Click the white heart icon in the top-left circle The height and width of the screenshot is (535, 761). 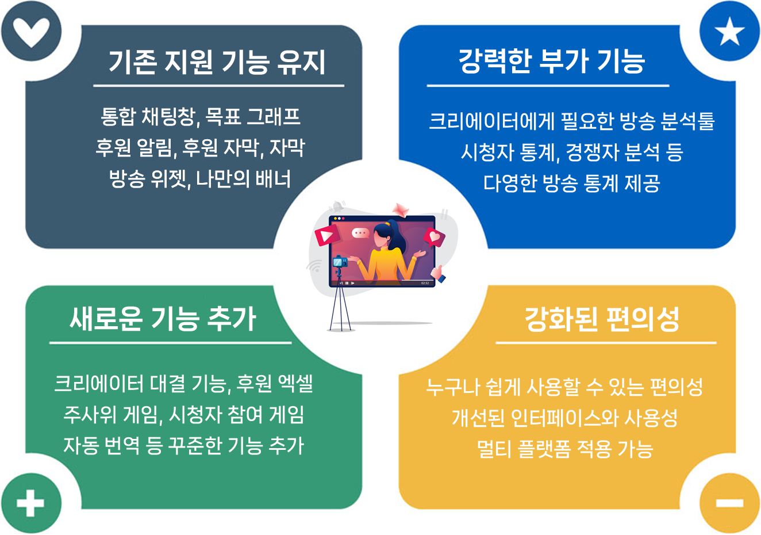31,31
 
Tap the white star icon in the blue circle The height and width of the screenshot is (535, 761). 729,31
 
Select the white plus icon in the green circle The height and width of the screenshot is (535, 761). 30,504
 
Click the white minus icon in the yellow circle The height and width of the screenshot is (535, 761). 729,504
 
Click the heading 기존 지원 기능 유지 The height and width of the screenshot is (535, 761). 217,62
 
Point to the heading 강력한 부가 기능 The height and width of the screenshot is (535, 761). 551,61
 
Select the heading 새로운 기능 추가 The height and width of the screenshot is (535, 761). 163,318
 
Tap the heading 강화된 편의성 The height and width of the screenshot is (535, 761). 602,319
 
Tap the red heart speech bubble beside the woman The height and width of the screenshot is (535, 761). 434,236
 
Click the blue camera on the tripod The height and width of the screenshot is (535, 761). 340,262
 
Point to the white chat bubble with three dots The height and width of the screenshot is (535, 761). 361,233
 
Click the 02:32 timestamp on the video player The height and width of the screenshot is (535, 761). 425,283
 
